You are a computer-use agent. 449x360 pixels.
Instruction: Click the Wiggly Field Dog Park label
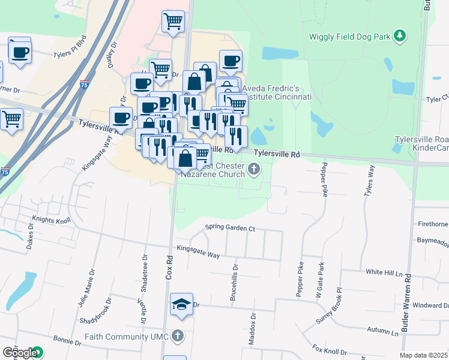tap(349, 36)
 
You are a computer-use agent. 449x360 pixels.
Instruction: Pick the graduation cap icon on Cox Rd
tap(181, 304)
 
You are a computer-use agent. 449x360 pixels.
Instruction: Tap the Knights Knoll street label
tap(52, 220)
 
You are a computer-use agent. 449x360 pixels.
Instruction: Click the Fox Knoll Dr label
tap(330, 349)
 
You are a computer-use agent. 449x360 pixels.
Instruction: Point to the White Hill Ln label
tap(384, 272)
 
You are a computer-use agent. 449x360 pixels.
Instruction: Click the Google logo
tap(19, 353)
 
